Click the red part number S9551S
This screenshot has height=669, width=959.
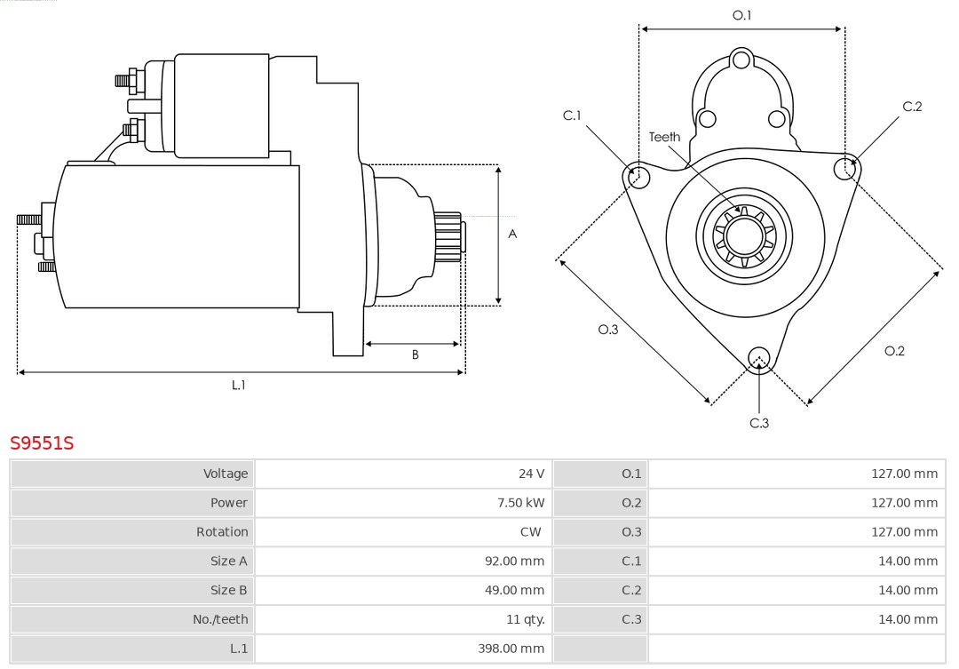pos(42,442)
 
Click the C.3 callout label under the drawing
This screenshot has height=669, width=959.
pos(759,423)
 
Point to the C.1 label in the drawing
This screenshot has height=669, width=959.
pos(572,115)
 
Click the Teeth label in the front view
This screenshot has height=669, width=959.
pos(664,137)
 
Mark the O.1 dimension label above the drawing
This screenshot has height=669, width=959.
pos(741,15)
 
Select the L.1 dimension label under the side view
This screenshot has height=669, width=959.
pos(239,385)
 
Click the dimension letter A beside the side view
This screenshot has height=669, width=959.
pos(512,235)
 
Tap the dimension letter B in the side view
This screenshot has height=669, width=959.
pos(415,355)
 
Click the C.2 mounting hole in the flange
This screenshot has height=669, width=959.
pos(844,168)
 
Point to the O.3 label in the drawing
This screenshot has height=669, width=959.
pos(607,330)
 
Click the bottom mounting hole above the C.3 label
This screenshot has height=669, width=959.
pos(758,358)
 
